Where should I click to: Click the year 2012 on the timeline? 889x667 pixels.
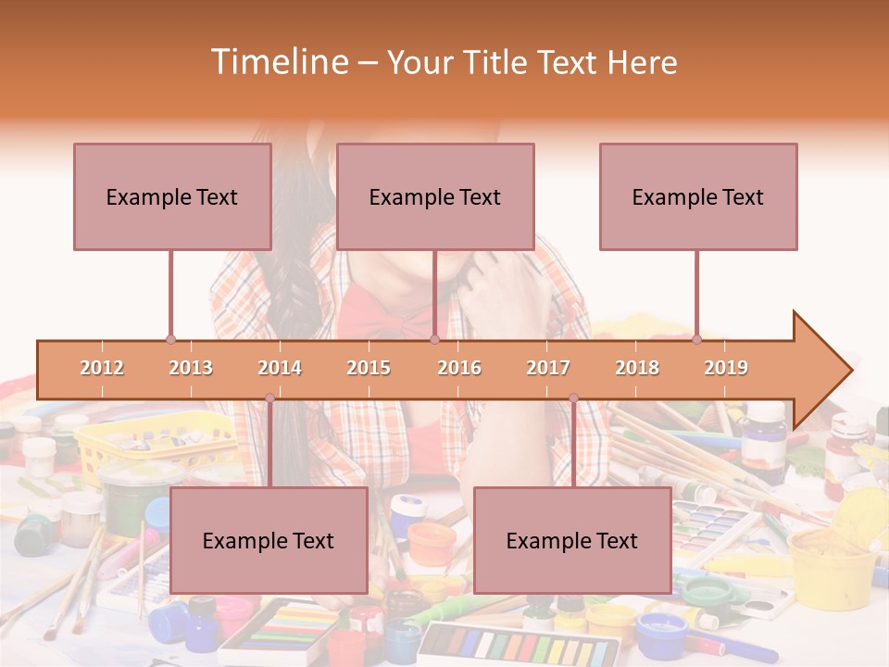[102, 368]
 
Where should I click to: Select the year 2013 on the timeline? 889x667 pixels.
[191, 368]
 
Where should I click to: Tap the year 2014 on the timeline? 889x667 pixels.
[280, 368]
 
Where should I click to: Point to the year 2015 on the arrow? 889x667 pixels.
[369, 368]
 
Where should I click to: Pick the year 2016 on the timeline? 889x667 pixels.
[459, 368]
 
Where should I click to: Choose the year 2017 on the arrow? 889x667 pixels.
[548, 368]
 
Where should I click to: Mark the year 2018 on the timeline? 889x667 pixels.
[637, 368]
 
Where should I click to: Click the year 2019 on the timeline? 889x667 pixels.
[726, 368]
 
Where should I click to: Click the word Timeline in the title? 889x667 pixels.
[278, 62]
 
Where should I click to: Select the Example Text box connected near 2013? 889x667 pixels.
[172, 196]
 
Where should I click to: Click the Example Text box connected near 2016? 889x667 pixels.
[435, 196]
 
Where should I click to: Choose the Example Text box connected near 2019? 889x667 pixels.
[698, 196]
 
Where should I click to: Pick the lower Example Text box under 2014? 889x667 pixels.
[269, 540]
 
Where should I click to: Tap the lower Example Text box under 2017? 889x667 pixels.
[572, 540]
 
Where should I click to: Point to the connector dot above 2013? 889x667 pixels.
[171, 339]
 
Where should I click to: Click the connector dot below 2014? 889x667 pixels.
[269, 398]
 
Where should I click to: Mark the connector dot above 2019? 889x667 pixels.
[697, 339]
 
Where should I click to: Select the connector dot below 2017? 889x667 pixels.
[573, 398]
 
